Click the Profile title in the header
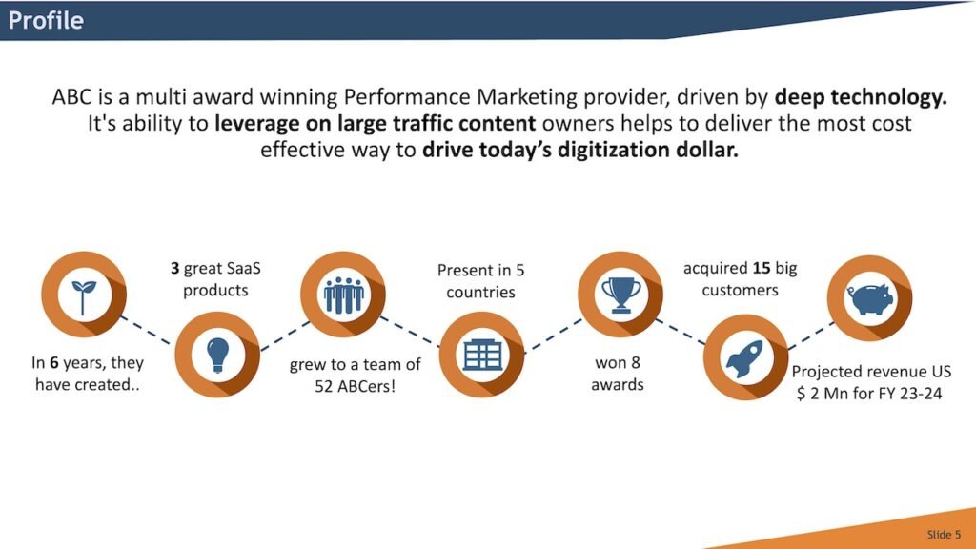pos(46,20)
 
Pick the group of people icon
pos(343,295)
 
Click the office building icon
pos(482,355)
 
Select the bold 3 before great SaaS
pos(163,270)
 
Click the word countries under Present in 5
pos(480,292)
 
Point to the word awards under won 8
pos(618,385)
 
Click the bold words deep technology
pos(861,97)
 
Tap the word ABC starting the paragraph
pos(71,97)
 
